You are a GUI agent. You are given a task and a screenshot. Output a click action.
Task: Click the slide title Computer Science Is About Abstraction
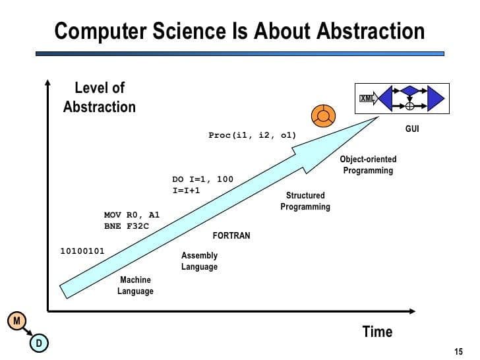pyautogui.click(x=239, y=31)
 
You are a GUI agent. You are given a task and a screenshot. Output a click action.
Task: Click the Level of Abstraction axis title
pyautogui.click(x=99, y=97)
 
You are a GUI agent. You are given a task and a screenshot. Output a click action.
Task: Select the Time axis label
pyautogui.click(x=377, y=331)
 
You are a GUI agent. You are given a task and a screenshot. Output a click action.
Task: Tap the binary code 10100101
pyautogui.click(x=82, y=251)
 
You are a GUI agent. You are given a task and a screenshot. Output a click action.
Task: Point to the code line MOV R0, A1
pyautogui.click(x=132, y=215)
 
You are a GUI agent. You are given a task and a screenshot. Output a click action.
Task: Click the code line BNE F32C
pyautogui.click(x=127, y=225)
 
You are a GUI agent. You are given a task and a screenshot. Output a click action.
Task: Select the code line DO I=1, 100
pyautogui.click(x=202, y=179)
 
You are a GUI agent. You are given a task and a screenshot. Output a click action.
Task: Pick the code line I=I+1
pyautogui.click(x=186, y=190)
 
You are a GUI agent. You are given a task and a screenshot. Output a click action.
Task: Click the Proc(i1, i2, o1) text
pyautogui.click(x=252, y=135)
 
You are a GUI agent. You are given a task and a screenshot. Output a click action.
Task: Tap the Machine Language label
pyautogui.click(x=135, y=285)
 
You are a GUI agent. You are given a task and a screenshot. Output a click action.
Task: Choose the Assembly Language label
pyautogui.click(x=199, y=261)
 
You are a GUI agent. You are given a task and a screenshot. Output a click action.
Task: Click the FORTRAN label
pyautogui.click(x=231, y=235)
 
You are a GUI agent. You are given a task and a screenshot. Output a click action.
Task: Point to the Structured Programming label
pyautogui.click(x=305, y=201)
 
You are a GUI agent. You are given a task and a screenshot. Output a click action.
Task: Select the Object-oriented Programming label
pyautogui.click(x=368, y=165)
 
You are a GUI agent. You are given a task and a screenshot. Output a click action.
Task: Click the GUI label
pyautogui.click(x=412, y=129)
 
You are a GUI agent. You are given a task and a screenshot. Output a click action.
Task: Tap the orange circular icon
pyautogui.click(x=322, y=115)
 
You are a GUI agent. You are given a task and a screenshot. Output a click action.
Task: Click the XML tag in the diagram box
pyautogui.click(x=367, y=99)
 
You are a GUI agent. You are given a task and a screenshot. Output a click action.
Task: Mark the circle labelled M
pyautogui.click(x=16, y=320)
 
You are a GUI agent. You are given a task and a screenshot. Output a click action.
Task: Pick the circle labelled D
pyautogui.click(x=38, y=342)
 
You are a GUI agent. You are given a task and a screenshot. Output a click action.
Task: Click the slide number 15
pyautogui.click(x=458, y=350)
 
